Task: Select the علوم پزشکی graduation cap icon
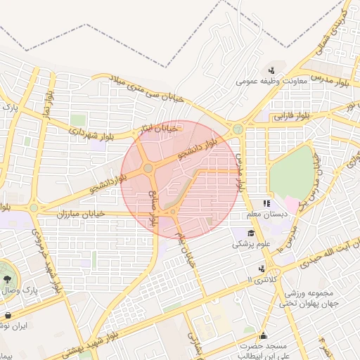pos(251,233)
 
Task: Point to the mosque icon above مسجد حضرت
pos(263,335)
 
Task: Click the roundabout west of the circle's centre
pos(148,168)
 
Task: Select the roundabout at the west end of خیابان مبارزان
pos(34,207)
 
